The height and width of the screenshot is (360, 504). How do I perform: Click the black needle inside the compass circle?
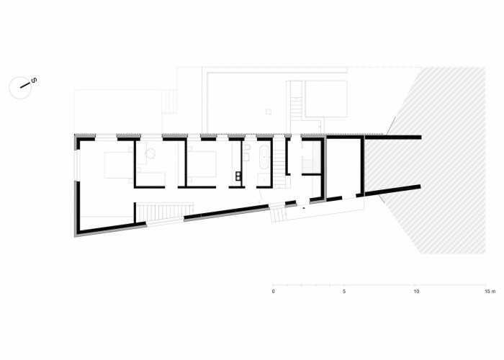[24, 86]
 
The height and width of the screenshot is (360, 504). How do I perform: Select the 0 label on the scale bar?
[273, 292]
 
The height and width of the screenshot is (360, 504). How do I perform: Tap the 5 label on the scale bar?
[344, 292]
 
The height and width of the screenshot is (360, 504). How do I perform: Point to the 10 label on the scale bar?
[416, 292]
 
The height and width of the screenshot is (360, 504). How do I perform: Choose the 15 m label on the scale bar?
[490, 292]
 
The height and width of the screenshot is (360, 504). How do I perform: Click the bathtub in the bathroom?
[264, 158]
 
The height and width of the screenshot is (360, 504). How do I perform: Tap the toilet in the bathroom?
[247, 148]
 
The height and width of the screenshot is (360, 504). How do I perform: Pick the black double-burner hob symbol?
[239, 176]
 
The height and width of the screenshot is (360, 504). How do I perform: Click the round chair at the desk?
[150, 153]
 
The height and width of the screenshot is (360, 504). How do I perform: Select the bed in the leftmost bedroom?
[117, 165]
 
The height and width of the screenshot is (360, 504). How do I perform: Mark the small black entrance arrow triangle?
[303, 208]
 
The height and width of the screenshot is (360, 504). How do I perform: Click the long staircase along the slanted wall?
[164, 211]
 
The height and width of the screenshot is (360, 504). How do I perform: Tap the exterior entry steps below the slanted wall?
[278, 215]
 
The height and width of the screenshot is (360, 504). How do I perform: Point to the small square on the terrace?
[269, 112]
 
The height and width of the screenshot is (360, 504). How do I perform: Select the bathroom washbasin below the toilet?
[247, 156]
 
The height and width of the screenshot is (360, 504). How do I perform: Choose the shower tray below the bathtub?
[264, 180]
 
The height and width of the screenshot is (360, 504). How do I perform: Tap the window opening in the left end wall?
[76, 166]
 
